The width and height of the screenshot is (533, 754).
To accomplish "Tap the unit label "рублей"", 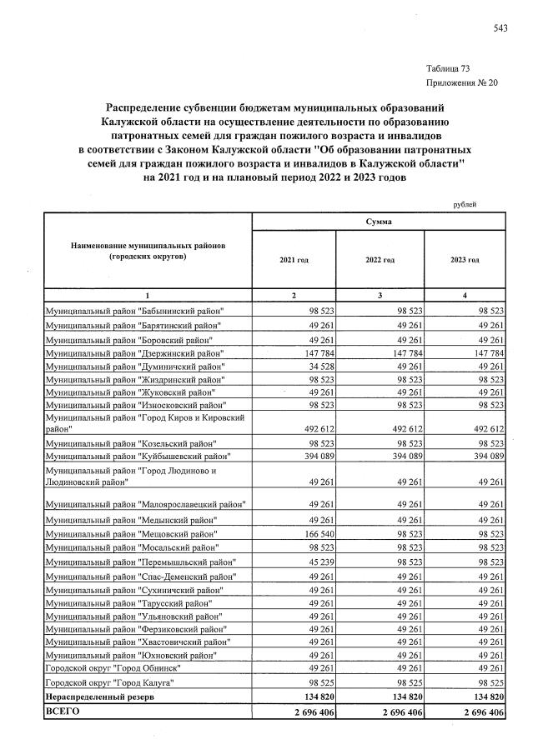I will click(x=465, y=203).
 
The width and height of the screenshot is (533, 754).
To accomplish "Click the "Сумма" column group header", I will click(x=380, y=222).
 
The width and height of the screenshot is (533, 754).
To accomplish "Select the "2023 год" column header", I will click(x=464, y=260).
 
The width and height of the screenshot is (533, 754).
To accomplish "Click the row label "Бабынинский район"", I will click(x=135, y=311).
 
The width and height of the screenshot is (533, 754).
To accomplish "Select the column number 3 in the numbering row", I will click(x=380, y=296).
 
